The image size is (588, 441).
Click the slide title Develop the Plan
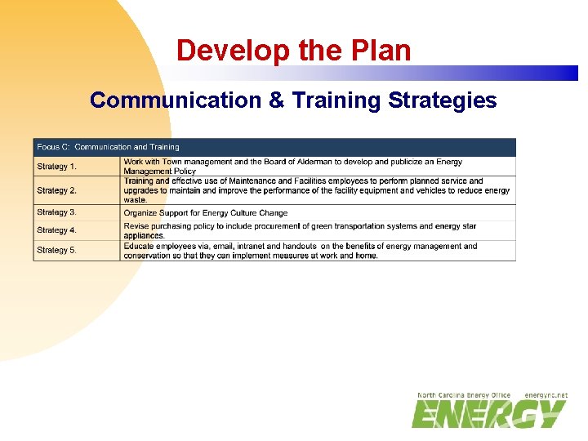tap(293, 51)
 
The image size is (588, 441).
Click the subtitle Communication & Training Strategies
tap(293, 100)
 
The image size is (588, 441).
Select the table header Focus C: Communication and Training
tap(108, 147)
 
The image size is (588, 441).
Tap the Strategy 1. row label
tap(57, 167)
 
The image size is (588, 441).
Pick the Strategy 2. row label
tap(57, 190)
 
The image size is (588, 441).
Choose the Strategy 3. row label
tap(57, 212)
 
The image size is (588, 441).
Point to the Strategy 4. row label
tap(57, 230)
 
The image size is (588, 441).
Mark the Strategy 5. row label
tap(57, 250)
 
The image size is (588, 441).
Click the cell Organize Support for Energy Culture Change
tap(206, 213)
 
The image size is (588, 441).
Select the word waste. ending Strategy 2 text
tap(136, 200)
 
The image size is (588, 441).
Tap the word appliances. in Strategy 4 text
tap(145, 236)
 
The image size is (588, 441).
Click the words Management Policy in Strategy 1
tap(160, 171)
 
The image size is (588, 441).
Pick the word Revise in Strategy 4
tap(136, 226)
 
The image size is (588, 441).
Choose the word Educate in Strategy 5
tap(140, 246)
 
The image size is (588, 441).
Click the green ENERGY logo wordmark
tap(488, 414)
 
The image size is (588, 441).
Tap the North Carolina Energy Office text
tap(464, 395)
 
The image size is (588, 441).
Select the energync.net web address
tap(546, 395)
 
